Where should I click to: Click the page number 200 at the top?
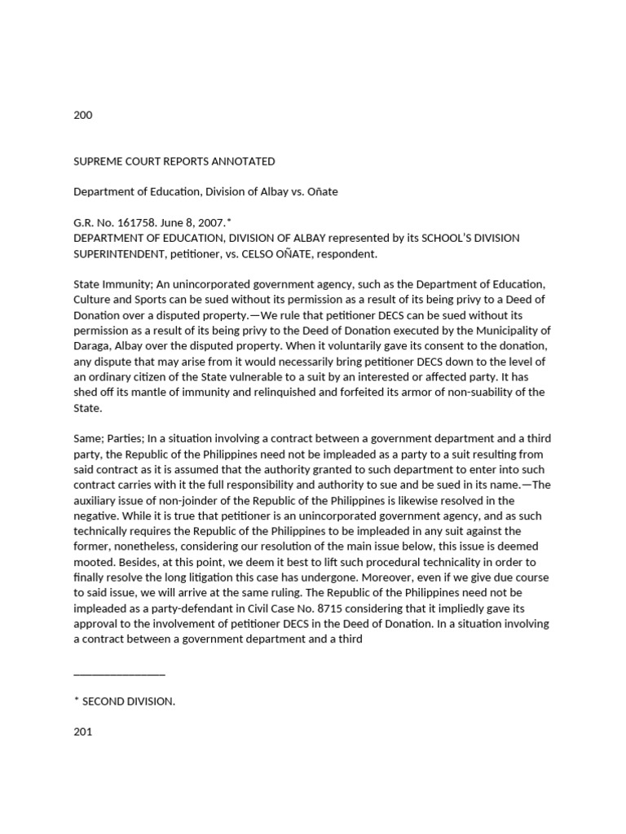coord(83,115)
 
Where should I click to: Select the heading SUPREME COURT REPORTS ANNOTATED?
coord(174,161)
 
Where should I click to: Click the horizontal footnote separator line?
coord(119,674)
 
